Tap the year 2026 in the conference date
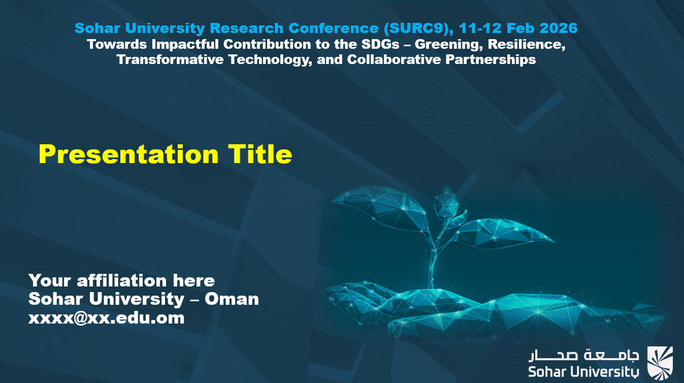[x=559, y=28]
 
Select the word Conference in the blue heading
[x=334, y=28]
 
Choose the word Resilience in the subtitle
[x=527, y=45]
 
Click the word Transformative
[x=170, y=59]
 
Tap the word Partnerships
[x=491, y=60]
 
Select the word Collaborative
[x=394, y=59]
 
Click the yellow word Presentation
[x=128, y=154]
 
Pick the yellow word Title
[x=260, y=154]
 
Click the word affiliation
[x=121, y=280]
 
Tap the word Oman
[x=232, y=299]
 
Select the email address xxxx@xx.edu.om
[x=106, y=318]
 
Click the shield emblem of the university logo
[x=660, y=363]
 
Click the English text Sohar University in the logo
[x=583, y=372]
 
